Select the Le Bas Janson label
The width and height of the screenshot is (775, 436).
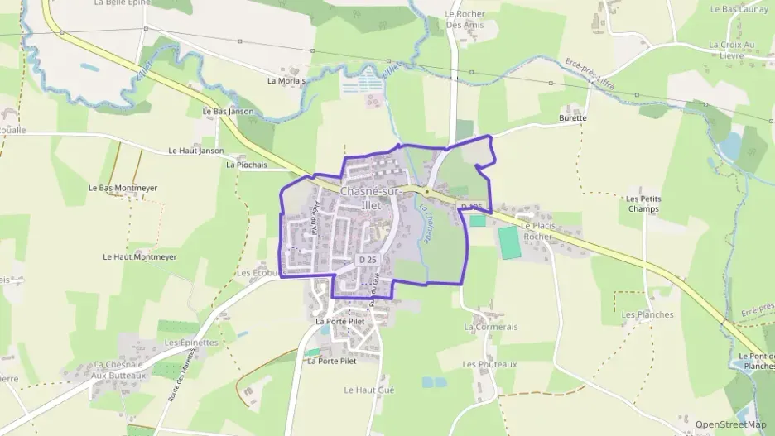click(x=228, y=111)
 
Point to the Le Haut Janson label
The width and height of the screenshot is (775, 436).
click(x=195, y=151)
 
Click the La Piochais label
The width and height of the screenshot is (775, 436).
click(x=247, y=165)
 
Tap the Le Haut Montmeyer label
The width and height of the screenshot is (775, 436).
click(x=139, y=257)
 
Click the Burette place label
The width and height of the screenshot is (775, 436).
click(x=572, y=117)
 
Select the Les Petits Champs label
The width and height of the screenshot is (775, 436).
click(x=643, y=204)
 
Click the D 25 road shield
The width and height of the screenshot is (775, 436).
click(x=368, y=260)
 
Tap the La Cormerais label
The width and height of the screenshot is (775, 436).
click(x=491, y=327)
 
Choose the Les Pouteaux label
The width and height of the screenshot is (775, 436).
click(x=489, y=364)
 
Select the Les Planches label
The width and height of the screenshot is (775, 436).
click(x=647, y=314)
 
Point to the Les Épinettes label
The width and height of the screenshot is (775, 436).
click(x=191, y=343)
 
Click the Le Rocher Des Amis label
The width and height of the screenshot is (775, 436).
click(x=464, y=19)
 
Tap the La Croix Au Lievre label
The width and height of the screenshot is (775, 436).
click(x=732, y=49)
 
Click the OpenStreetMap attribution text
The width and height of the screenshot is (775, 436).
click(x=730, y=424)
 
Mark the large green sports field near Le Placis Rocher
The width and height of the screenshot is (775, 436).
click(x=508, y=242)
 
